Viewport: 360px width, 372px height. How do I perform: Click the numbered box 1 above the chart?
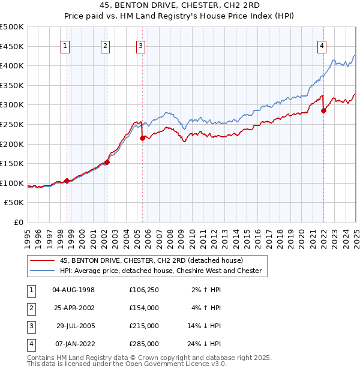[65, 46]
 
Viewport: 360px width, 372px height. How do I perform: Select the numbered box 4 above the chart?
[322, 46]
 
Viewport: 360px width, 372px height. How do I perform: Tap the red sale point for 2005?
[143, 138]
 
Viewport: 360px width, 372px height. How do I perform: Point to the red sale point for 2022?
[323, 110]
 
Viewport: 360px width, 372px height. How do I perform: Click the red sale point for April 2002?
[107, 162]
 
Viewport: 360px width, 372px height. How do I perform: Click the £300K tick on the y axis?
[13, 105]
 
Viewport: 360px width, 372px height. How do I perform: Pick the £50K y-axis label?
[15, 203]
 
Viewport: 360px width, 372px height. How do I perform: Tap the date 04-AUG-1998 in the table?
[74, 290]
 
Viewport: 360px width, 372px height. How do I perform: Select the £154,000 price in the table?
[144, 308]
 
